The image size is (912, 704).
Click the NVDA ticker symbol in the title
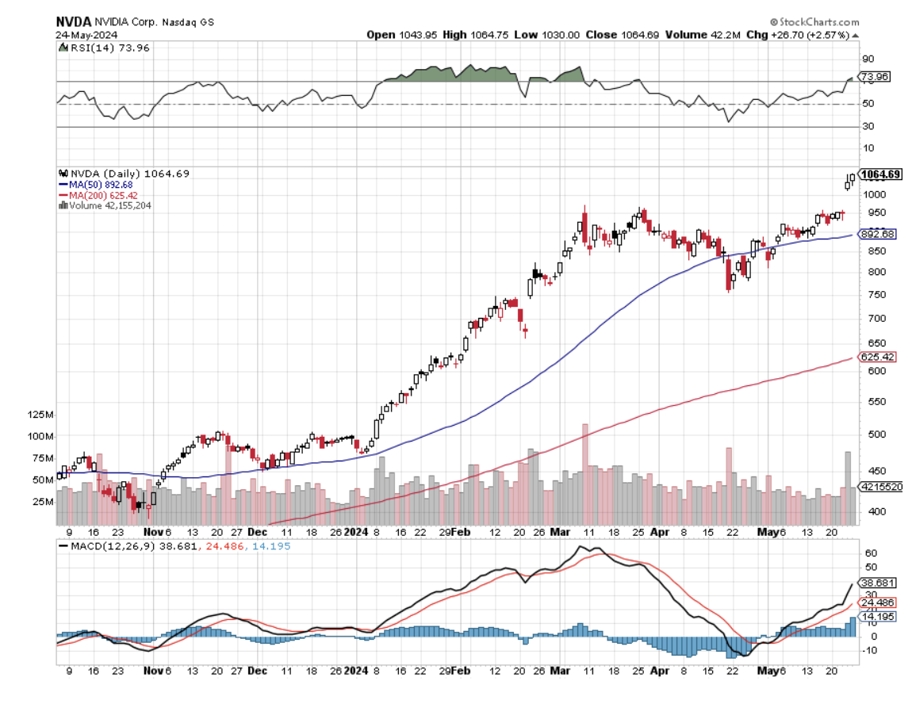[x=72, y=22]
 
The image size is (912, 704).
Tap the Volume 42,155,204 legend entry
[x=108, y=205]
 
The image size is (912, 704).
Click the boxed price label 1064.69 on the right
[x=880, y=174]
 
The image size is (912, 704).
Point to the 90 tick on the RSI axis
[x=868, y=59]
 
